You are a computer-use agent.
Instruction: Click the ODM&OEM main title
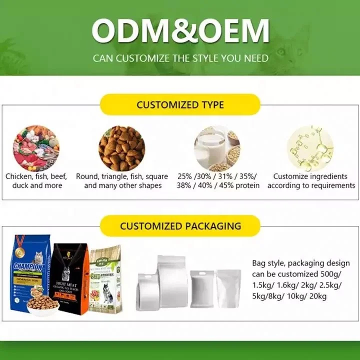[x=180, y=31]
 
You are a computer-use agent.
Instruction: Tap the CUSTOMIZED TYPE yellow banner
[x=180, y=105]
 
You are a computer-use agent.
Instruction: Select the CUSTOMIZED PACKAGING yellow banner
[x=180, y=226]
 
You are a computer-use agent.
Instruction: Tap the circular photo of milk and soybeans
[x=216, y=148]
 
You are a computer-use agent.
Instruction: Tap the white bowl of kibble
[x=42, y=305]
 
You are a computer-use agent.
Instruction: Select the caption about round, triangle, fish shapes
[x=122, y=181]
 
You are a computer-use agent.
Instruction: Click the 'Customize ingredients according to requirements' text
[x=311, y=181]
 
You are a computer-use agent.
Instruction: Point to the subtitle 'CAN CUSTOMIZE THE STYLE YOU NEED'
[x=180, y=58]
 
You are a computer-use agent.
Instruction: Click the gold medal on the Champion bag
[x=20, y=243]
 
